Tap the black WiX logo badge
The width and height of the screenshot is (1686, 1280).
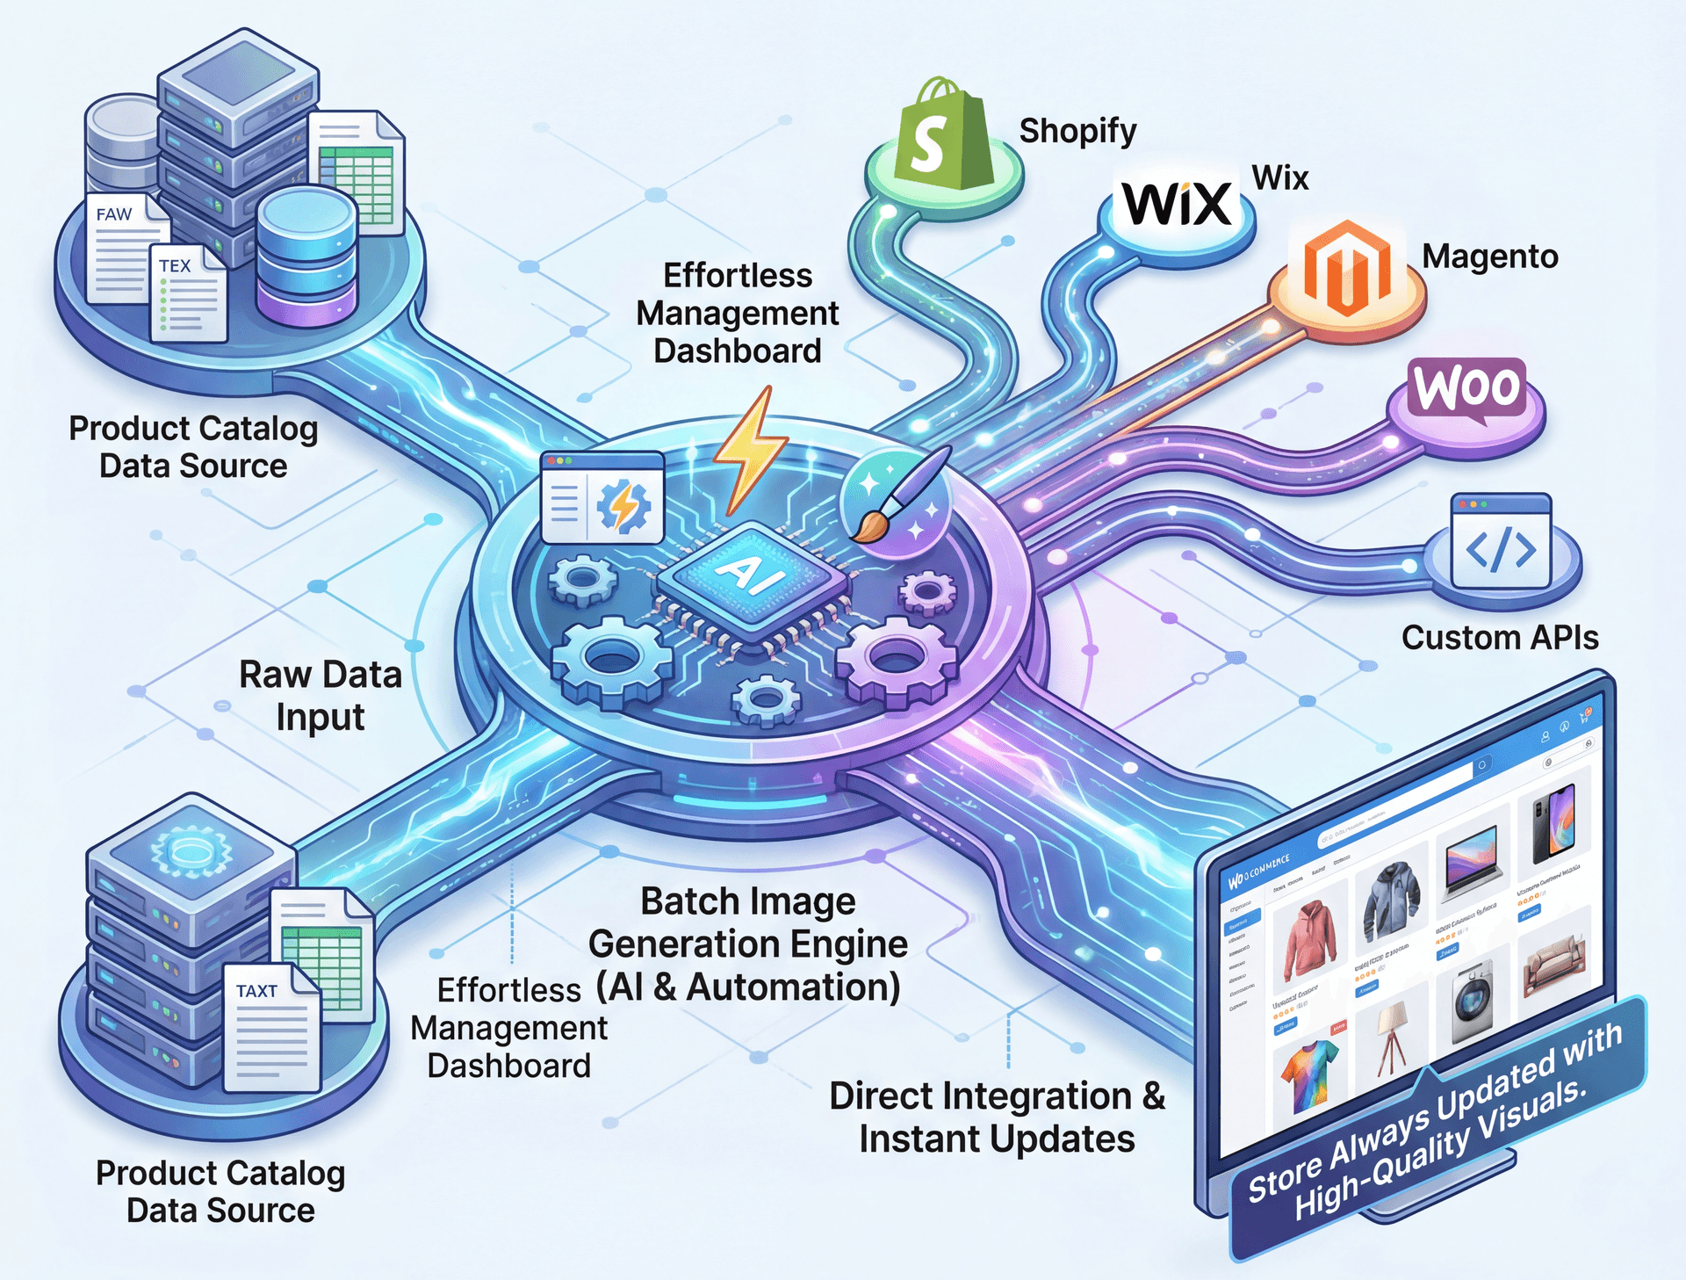(1177, 204)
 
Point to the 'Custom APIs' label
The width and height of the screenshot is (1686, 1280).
(1499, 638)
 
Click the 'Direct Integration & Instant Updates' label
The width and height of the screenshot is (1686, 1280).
(997, 1117)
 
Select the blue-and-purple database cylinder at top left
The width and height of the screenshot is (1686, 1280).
(306, 255)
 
